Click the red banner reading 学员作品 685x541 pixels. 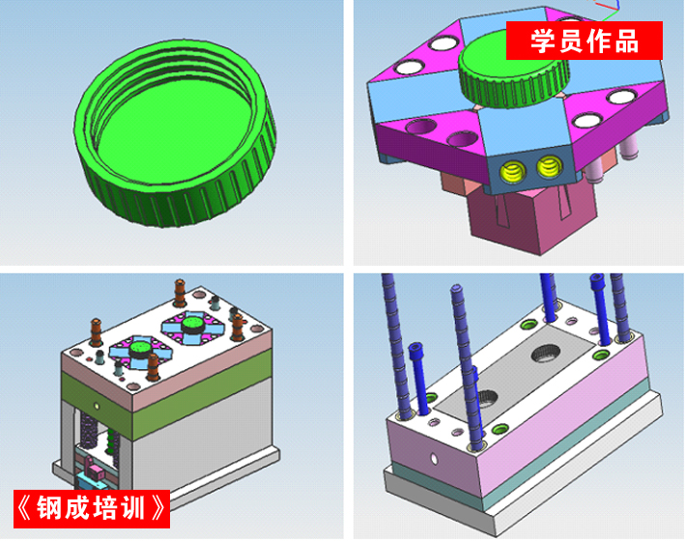[x=585, y=41]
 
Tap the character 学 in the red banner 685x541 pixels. [x=543, y=41]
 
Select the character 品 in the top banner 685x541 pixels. [x=627, y=41]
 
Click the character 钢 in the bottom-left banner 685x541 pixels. [x=48, y=508]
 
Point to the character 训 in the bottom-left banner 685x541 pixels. [x=132, y=508]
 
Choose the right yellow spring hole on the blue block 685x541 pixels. [x=549, y=166]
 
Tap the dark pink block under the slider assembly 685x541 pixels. [x=531, y=217]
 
